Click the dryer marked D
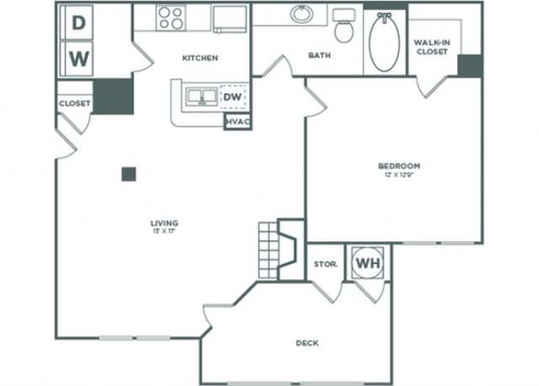click(x=78, y=24)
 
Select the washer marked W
click(x=78, y=59)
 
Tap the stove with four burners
click(x=171, y=18)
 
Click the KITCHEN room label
click(x=200, y=58)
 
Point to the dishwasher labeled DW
click(x=233, y=98)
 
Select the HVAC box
click(x=236, y=122)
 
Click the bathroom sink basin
click(x=302, y=14)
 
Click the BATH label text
click(x=319, y=56)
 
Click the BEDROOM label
click(x=399, y=166)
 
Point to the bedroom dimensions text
click(x=399, y=175)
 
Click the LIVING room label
click(x=165, y=223)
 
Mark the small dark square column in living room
click(x=129, y=174)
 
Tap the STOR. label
click(x=325, y=264)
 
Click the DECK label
click(x=306, y=343)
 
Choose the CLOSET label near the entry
click(x=74, y=103)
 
